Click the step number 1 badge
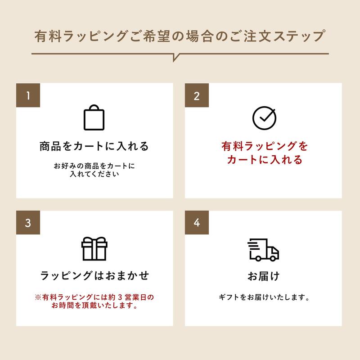pyautogui.click(x=28, y=95)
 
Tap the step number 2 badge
pyautogui.click(x=197, y=95)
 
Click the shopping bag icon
pyautogui.click(x=94, y=117)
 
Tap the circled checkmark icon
pyautogui.click(x=263, y=117)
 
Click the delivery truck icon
pyautogui.click(x=263, y=249)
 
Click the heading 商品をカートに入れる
pyautogui.click(x=94, y=147)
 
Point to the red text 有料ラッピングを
pyautogui.click(x=264, y=147)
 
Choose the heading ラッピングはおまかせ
pyautogui.click(x=94, y=275)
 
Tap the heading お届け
pyautogui.click(x=263, y=276)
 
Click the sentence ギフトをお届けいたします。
pyautogui.click(x=263, y=297)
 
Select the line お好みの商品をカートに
pyautogui.click(x=94, y=166)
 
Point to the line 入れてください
pyautogui.click(x=94, y=175)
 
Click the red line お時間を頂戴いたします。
pyautogui.click(x=94, y=306)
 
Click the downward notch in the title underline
pyautogui.click(x=175, y=57)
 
